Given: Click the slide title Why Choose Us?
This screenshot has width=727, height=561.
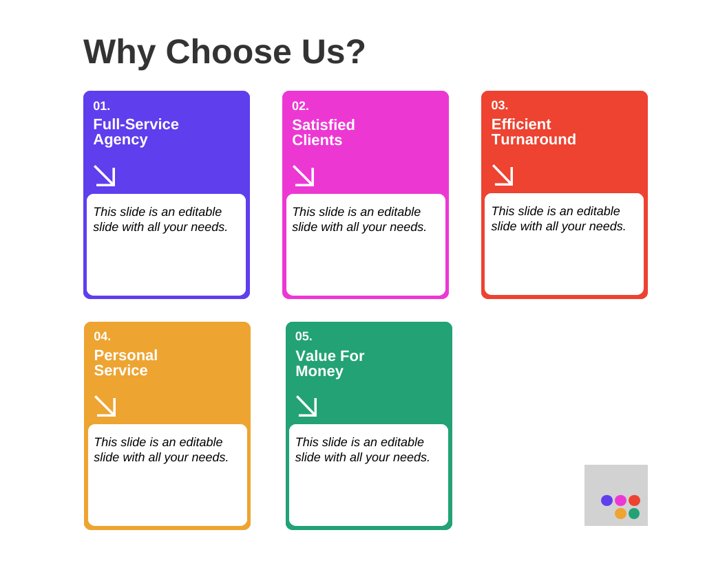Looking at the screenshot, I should point(224,52).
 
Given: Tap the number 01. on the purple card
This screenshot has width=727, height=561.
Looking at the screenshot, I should point(102,106).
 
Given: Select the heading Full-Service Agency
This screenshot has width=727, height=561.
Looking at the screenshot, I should point(136,132).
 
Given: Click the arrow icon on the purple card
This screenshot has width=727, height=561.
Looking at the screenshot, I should point(105,176).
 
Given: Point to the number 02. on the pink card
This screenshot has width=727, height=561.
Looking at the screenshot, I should point(300,106).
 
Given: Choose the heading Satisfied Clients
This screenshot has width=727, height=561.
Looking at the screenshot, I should point(323,133).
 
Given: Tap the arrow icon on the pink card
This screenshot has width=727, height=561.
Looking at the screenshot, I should point(304,176).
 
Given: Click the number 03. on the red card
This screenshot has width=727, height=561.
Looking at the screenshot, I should point(500,105).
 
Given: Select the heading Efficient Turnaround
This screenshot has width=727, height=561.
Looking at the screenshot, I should point(534,132).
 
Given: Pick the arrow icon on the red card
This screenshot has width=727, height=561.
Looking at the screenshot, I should point(503,175).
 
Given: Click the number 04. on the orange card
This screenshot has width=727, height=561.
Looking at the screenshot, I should point(103,336).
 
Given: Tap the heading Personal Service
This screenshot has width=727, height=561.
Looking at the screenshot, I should point(126,363).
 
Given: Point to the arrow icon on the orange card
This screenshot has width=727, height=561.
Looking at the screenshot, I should point(105,406).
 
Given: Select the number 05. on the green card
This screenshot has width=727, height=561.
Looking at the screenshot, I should point(304,336).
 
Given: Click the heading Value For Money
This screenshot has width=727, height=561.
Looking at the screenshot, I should point(330,364).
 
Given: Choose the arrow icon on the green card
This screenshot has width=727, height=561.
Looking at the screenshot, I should point(306,406).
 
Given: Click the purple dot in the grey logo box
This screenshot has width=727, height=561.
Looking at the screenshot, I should point(607,500).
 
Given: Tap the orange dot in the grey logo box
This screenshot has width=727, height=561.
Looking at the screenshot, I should point(620,514).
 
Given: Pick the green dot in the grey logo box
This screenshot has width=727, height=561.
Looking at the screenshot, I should point(634,514).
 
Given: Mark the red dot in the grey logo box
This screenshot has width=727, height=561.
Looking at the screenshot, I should point(634,500).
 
